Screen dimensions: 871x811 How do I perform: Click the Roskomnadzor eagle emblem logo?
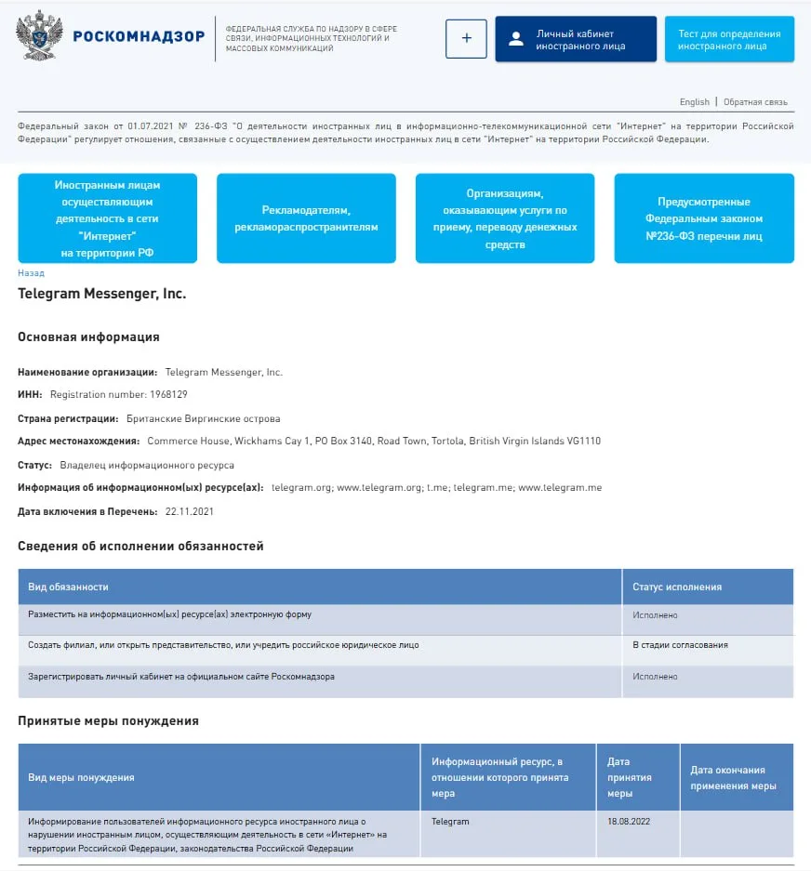tap(39, 36)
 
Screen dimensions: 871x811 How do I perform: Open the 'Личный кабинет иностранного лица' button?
tap(576, 39)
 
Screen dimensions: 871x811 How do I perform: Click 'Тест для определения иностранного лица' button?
tap(729, 39)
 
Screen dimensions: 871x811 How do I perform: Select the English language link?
tap(694, 102)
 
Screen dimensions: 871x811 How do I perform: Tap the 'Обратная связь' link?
tap(755, 102)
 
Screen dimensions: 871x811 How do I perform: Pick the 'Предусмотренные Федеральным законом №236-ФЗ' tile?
tap(704, 218)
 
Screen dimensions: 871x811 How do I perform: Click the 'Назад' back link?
tap(31, 273)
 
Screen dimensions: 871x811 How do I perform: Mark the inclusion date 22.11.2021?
tap(190, 511)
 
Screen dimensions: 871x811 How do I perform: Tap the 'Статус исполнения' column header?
tap(677, 587)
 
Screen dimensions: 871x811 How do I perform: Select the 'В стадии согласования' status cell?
tap(680, 645)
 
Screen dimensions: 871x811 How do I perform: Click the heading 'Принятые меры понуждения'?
tap(108, 720)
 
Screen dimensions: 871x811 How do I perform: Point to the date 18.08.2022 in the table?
tap(628, 822)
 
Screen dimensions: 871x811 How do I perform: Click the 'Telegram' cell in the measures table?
tap(450, 822)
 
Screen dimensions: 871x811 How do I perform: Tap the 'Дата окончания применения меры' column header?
tap(733, 777)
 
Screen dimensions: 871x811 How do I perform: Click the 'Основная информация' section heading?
tap(88, 337)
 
